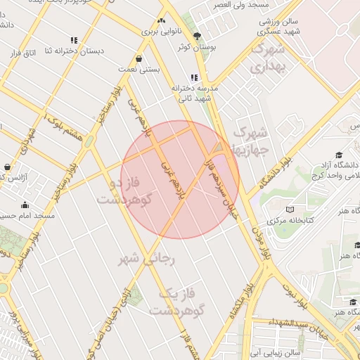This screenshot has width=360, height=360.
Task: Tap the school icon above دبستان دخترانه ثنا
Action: point(75,40)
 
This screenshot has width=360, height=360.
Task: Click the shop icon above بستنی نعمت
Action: point(138,59)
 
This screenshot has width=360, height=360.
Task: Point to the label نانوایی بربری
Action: point(162,32)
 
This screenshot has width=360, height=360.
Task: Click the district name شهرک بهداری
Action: point(269,59)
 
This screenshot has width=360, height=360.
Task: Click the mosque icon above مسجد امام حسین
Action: point(25,205)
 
